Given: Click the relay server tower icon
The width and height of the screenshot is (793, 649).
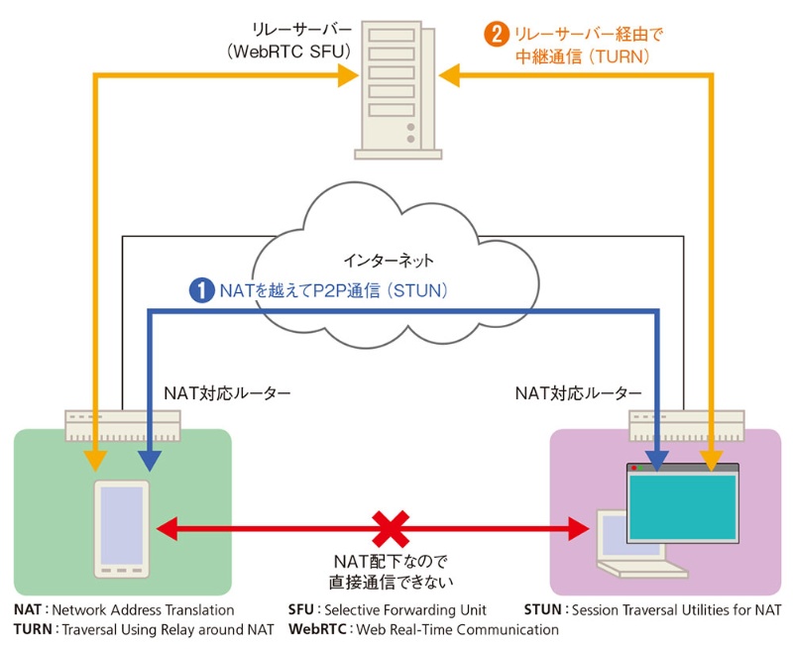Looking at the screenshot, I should (x=396, y=91).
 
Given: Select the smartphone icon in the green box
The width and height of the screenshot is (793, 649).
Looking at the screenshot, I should (x=122, y=529).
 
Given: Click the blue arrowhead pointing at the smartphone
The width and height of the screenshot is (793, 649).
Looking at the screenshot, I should (x=149, y=459).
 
